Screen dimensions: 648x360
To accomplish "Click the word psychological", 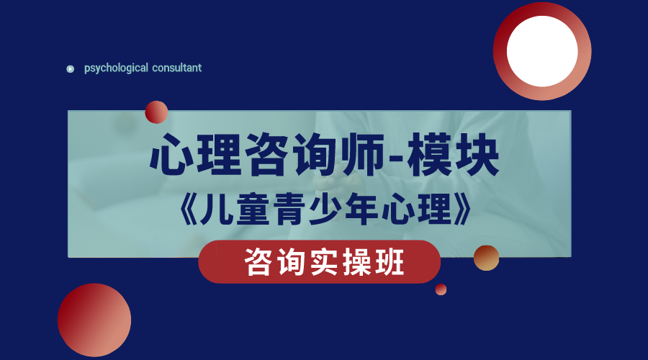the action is click(x=116, y=68).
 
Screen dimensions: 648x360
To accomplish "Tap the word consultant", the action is click(x=177, y=68).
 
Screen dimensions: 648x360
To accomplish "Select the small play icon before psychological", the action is click(x=71, y=69).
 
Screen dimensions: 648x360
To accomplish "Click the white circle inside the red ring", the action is click(x=542, y=51).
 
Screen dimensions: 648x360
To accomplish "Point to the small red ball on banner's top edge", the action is click(x=156, y=112).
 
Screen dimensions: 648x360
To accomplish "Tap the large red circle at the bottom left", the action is click(x=94, y=320).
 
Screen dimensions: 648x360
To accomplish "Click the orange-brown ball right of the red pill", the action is click(x=486, y=258).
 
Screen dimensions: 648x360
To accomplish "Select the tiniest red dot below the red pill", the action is click(x=441, y=289).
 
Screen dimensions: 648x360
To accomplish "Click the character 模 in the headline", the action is click(x=429, y=155).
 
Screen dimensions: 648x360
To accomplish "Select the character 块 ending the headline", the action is click(x=477, y=155).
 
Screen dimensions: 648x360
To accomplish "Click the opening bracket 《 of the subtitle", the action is click(x=189, y=210).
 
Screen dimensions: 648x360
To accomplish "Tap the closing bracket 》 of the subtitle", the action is click(x=463, y=210).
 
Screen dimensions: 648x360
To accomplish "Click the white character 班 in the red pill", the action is click(x=390, y=263).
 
